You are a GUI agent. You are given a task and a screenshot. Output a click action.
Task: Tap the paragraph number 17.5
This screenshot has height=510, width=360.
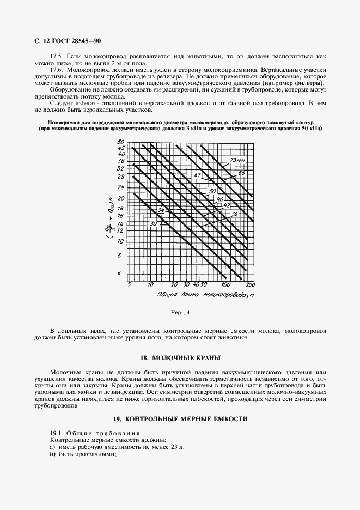point(57,56)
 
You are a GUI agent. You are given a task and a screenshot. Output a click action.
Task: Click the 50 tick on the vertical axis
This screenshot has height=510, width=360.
point(121,142)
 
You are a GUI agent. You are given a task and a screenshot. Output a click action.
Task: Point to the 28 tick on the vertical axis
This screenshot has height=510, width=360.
point(121,177)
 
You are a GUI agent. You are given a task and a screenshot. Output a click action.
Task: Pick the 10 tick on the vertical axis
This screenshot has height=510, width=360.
point(121,241)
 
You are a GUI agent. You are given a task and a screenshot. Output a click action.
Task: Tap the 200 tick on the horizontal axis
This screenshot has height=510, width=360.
point(250,285)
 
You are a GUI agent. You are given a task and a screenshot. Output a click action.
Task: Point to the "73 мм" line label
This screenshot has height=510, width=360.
point(238,160)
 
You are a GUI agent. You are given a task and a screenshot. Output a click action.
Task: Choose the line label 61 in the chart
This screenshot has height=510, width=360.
point(198,175)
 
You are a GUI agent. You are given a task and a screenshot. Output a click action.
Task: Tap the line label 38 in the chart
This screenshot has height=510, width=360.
point(235,214)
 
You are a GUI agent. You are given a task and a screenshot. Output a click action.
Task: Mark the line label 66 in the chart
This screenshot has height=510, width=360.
point(242,173)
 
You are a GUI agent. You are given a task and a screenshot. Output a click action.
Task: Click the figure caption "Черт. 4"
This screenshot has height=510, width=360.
point(180,313)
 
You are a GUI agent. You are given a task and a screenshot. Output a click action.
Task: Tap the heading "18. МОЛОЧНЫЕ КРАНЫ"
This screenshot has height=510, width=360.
point(180,358)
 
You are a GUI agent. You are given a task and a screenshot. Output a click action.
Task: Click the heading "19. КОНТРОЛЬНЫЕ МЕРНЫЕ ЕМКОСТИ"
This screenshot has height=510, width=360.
point(180,419)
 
